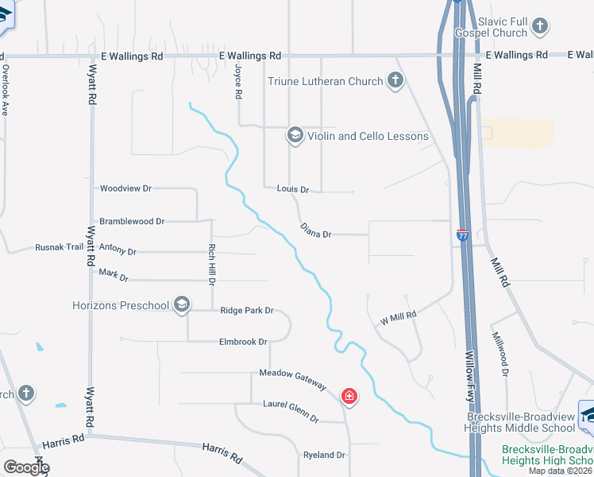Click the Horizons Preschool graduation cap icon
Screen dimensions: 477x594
pos(182,305)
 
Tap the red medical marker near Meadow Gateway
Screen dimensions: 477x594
pos(349,396)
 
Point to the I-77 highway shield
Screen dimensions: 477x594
pos(463,235)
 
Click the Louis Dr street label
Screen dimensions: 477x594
pos(292,190)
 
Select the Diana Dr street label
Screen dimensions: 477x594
pos(315,231)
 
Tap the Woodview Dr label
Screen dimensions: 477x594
pos(125,188)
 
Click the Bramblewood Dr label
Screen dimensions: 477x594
pos(132,221)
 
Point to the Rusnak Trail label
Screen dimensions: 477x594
pos(60,247)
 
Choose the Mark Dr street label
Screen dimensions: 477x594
pos(114,275)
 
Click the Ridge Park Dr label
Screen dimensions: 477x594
pos(247,311)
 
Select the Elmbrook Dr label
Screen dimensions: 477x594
pos(243,342)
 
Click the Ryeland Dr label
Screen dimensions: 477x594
pos(324,456)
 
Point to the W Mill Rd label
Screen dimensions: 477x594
pos(399,317)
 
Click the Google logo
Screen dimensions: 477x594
pos(26,467)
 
